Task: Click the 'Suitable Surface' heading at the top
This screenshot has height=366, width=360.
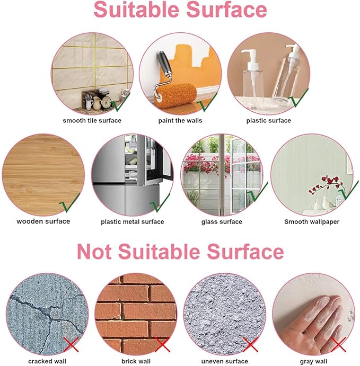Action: coord(180,10)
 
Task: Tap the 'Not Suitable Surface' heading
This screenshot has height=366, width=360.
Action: coord(180,252)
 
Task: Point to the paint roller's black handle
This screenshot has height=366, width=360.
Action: coord(164,63)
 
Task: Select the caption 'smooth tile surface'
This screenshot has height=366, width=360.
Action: coord(92,120)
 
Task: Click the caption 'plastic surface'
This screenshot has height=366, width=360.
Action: coord(269,120)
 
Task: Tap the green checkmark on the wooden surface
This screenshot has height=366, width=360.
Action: coord(69,203)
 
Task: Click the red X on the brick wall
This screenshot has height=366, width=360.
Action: coord(162,344)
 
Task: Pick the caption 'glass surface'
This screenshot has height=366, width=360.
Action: coord(222,221)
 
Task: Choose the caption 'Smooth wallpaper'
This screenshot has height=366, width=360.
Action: coord(312,221)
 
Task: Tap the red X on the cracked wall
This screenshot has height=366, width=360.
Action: coord(71,344)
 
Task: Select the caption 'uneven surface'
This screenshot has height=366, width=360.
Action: coord(224,361)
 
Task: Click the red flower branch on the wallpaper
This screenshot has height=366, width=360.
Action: coord(326,184)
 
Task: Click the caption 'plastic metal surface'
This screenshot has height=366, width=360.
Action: coord(133,221)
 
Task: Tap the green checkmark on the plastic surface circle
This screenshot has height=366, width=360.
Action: coord(298,97)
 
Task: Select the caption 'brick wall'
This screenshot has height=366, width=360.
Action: coord(136,361)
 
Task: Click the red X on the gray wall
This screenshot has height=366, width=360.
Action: coord(338,344)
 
